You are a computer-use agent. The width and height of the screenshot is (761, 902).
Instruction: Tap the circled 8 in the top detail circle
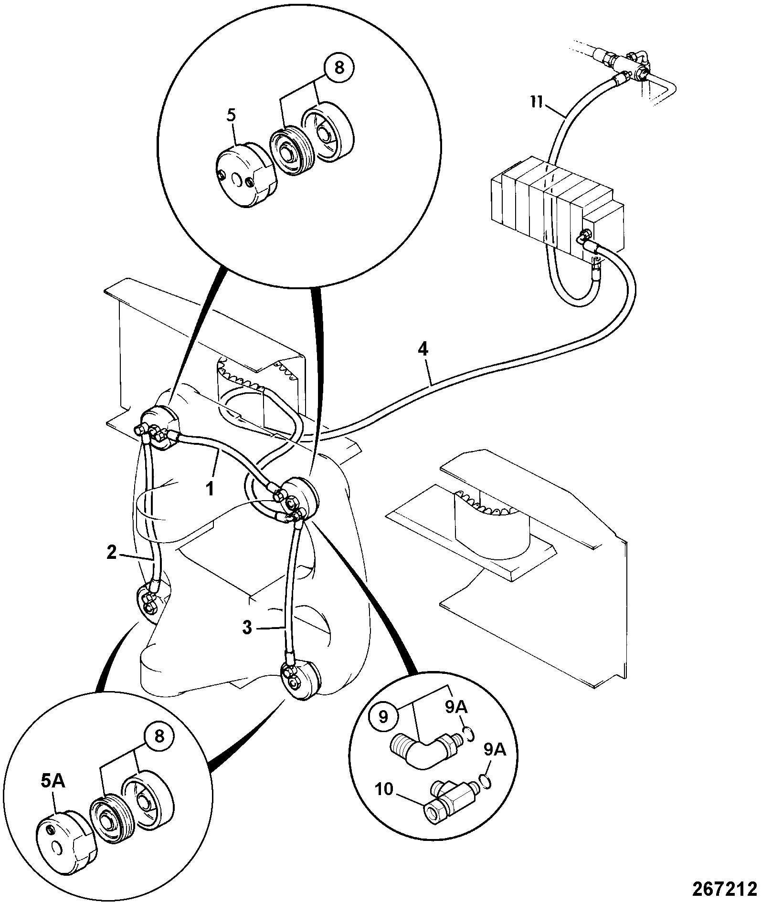[338, 68]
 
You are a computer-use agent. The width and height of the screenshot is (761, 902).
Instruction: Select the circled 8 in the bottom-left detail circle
[159, 750]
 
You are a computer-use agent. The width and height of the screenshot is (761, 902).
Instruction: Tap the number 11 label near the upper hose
[538, 103]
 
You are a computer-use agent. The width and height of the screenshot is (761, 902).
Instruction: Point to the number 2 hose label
[111, 553]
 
